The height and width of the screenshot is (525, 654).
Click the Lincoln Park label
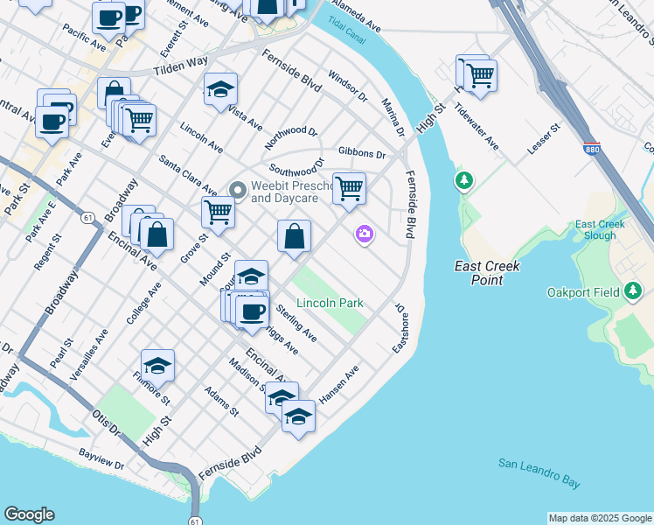click(x=329, y=303)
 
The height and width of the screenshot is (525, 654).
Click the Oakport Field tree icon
click(x=632, y=292)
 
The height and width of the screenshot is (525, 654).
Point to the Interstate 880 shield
click(x=592, y=150)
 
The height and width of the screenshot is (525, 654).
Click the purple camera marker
click(x=364, y=234)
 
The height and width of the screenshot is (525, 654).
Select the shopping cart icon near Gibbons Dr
click(x=349, y=187)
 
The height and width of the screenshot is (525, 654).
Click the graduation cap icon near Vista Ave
click(x=221, y=88)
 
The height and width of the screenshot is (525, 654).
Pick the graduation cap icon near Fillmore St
click(x=158, y=365)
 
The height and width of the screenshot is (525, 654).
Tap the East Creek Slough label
click(x=600, y=230)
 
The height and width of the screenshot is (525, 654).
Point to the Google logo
click(x=29, y=514)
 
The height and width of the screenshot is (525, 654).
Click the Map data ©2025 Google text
click(x=600, y=518)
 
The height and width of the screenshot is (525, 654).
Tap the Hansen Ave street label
click(x=339, y=385)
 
